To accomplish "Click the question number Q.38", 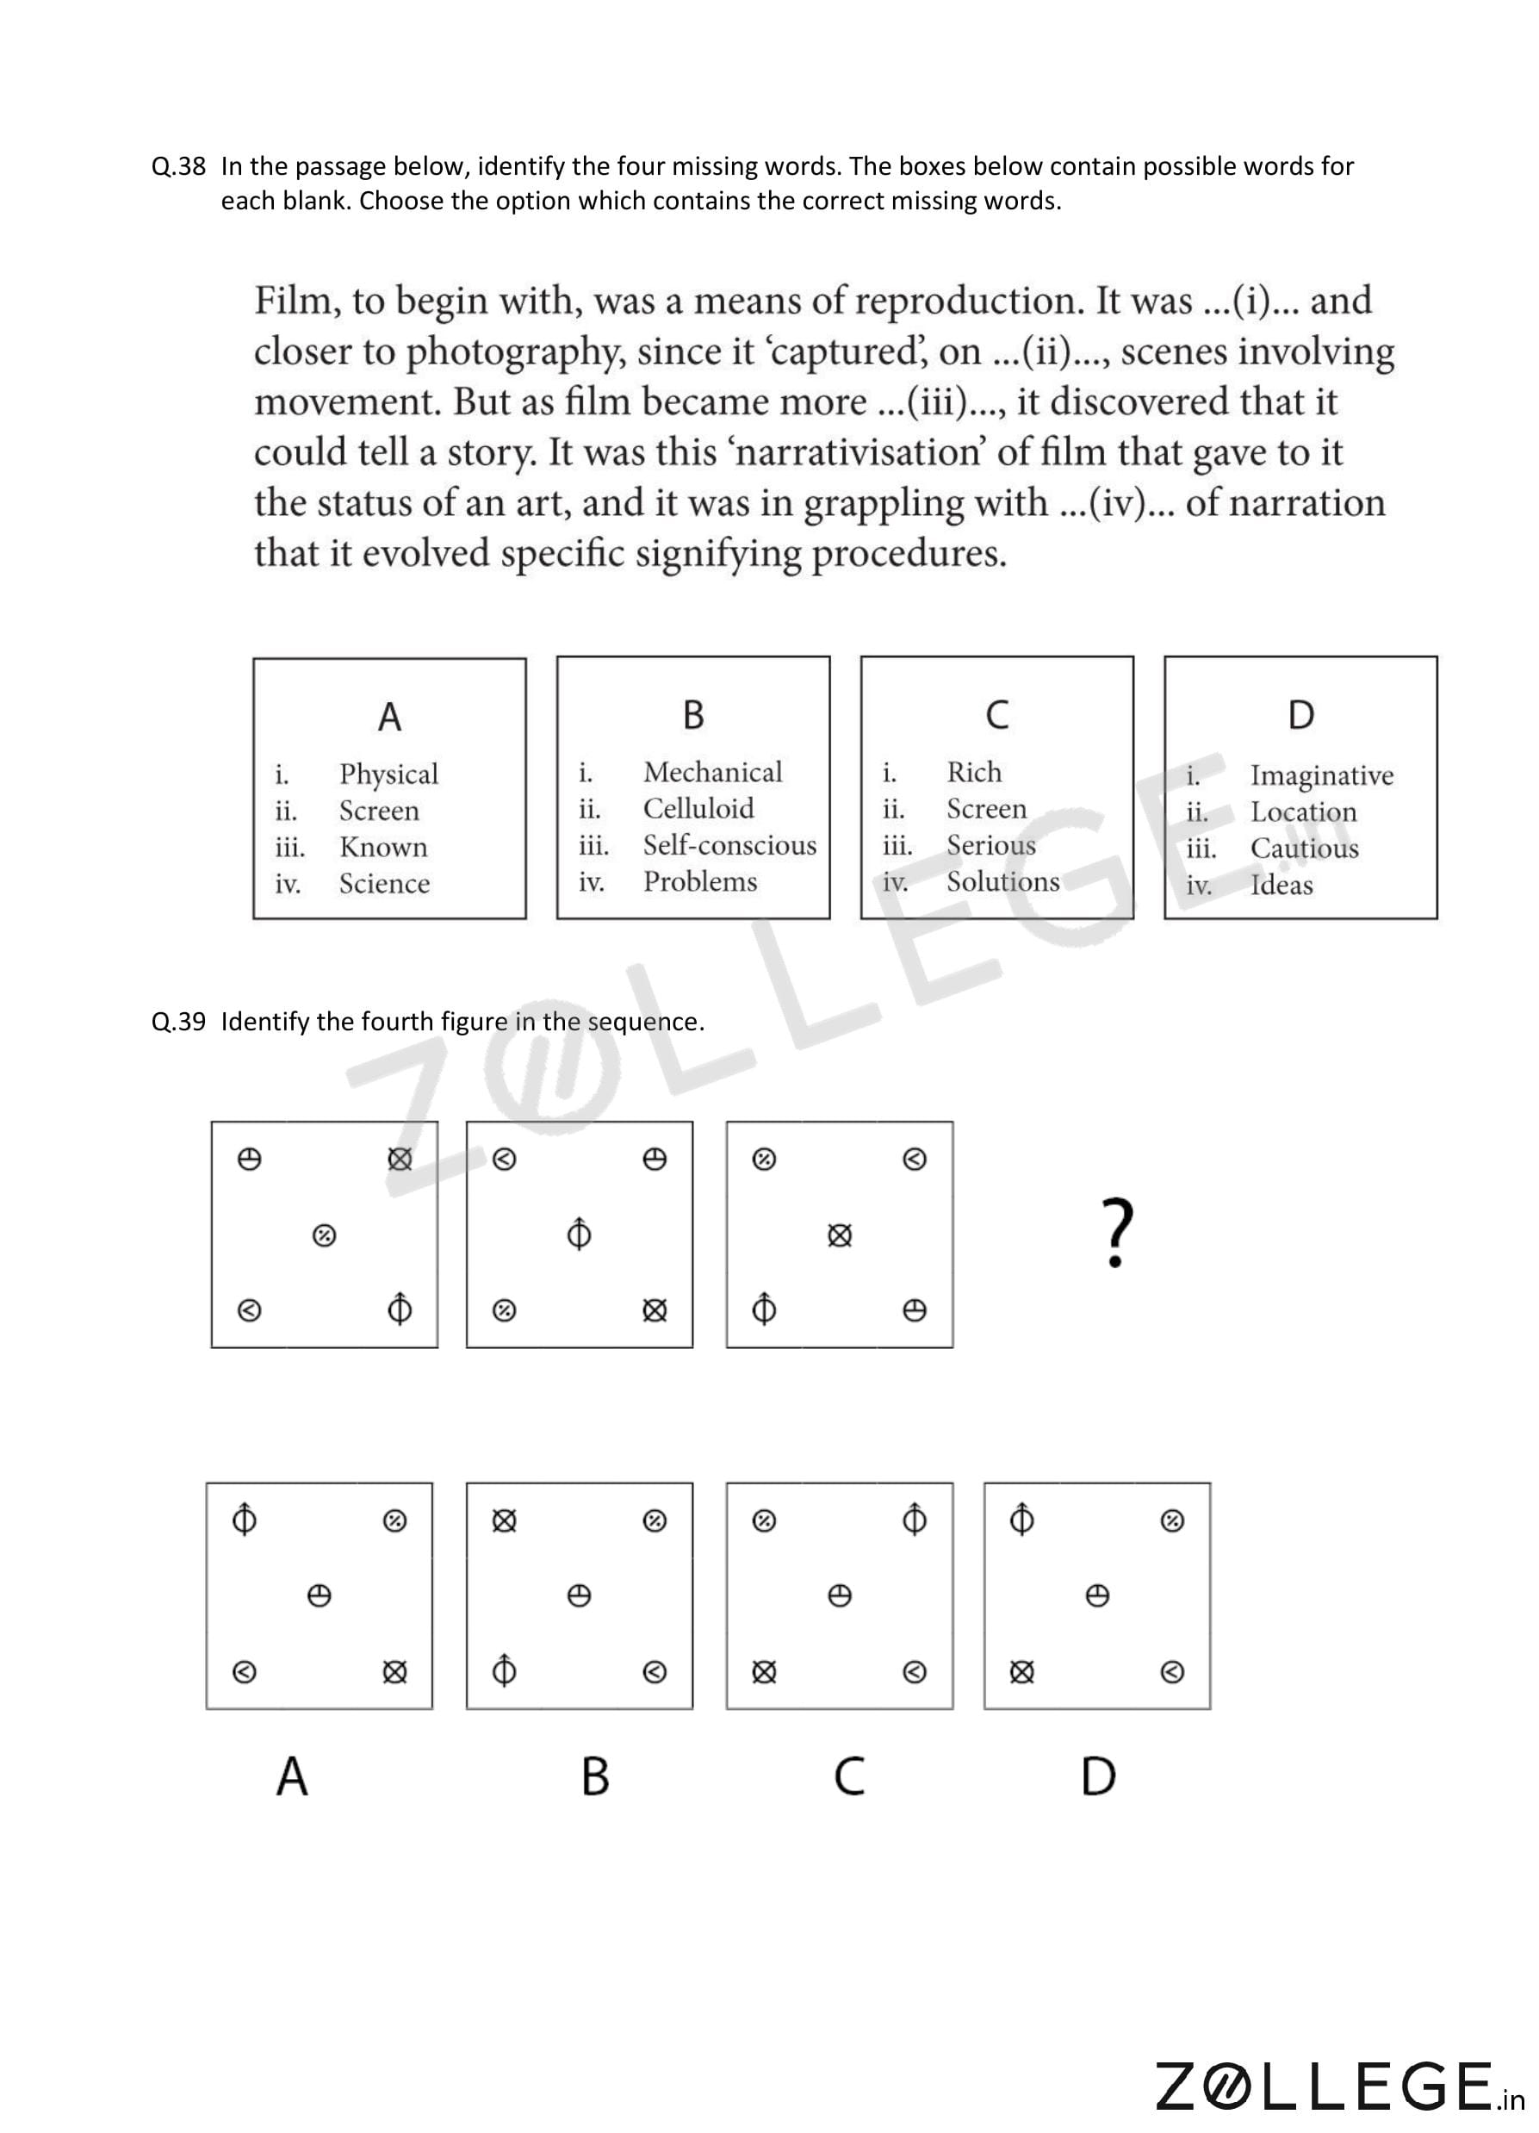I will (x=178, y=166).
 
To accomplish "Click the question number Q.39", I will (x=178, y=1022).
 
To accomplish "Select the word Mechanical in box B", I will (x=711, y=772).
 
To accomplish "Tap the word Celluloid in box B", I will (x=698, y=809).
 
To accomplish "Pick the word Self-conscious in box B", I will (x=729, y=844).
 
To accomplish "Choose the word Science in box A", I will (x=383, y=883).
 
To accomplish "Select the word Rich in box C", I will (x=973, y=772).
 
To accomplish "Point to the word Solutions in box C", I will (x=1002, y=881).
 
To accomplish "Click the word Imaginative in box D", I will (x=1321, y=776).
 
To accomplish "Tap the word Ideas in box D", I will (x=1281, y=885).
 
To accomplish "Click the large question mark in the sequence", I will (x=1116, y=1233).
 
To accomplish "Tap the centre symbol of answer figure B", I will (x=579, y=1596).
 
